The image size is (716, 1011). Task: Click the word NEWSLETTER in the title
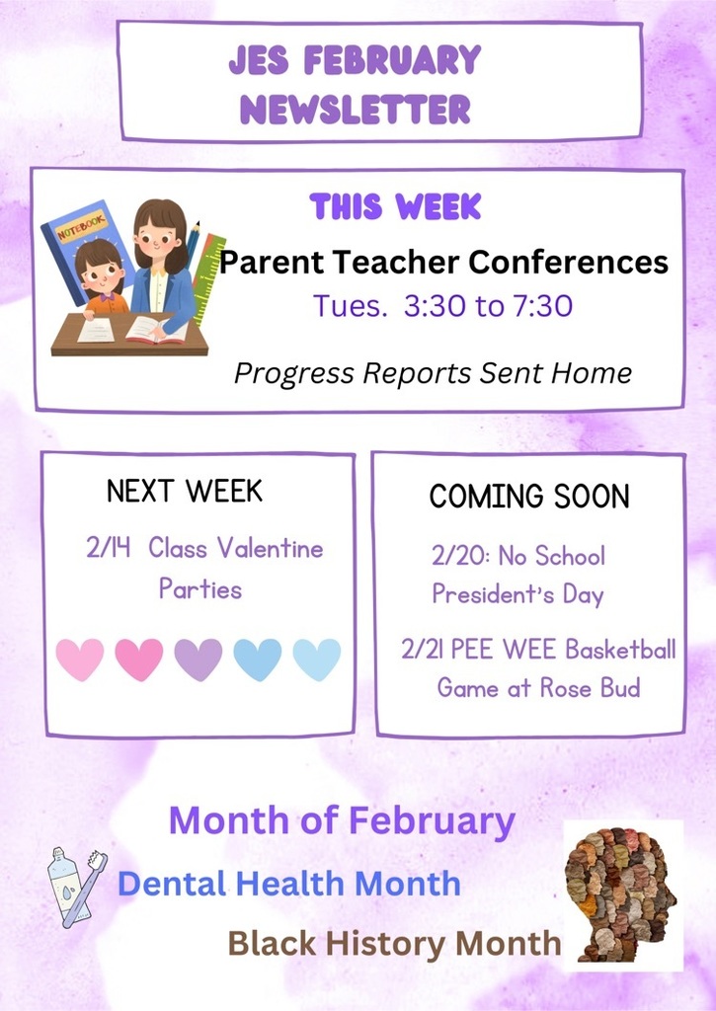(355, 109)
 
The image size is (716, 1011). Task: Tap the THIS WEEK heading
(395, 206)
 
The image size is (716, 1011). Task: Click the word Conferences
(568, 262)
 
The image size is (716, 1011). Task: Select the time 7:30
(542, 305)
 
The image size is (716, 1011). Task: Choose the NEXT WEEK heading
(185, 491)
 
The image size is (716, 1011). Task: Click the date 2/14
(109, 548)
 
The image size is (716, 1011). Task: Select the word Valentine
(270, 548)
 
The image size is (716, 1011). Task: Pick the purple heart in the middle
(199, 660)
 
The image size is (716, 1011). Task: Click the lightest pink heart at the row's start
(80, 660)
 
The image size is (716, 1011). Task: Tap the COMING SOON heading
(529, 496)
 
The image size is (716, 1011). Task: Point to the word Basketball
(620, 650)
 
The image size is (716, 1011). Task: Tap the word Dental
(172, 883)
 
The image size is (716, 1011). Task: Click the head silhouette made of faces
(620, 894)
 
